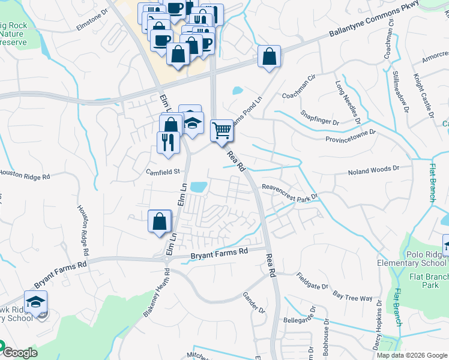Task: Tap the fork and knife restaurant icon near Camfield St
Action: (167, 142)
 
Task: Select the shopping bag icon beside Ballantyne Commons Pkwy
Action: (270, 56)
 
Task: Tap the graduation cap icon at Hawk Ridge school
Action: (36, 301)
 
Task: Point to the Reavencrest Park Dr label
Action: (289, 192)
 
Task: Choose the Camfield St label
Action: (164, 172)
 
